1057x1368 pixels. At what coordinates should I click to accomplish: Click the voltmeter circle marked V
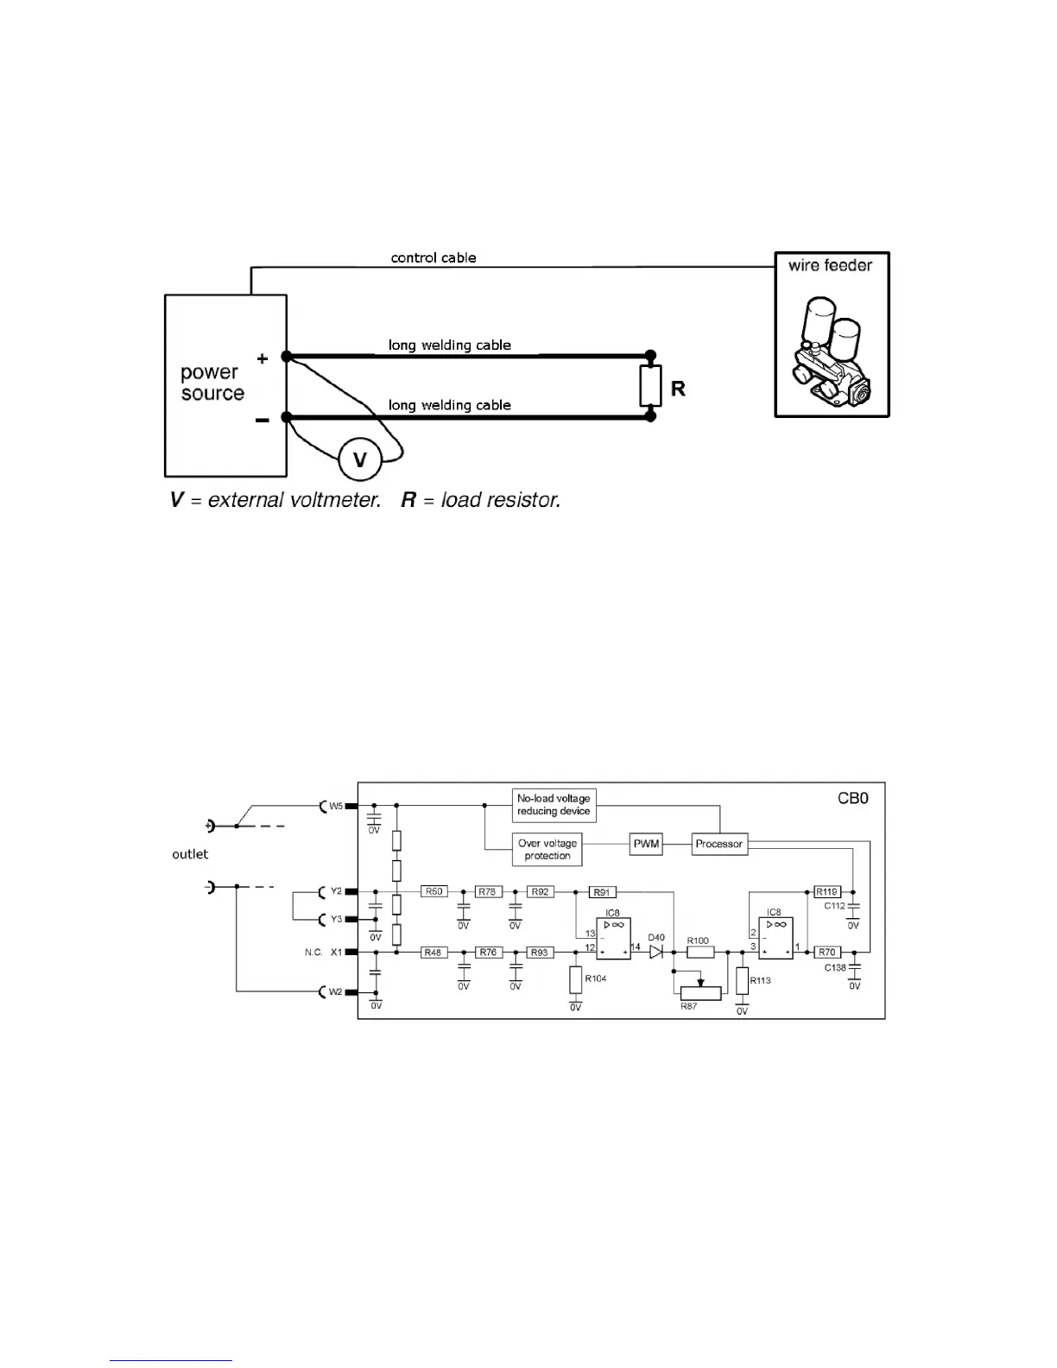(x=360, y=460)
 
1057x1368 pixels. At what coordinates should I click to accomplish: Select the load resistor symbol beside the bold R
(x=650, y=385)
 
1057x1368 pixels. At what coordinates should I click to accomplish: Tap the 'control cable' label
(x=434, y=257)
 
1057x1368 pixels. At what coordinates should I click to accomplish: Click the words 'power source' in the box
(x=212, y=383)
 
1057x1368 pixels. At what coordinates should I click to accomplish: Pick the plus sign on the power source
(x=263, y=358)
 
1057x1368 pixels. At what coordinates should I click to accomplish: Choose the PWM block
(x=646, y=844)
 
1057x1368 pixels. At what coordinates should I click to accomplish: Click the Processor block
(x=719, y=844)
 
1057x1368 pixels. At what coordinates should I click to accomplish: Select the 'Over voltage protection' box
(x=547, y=849)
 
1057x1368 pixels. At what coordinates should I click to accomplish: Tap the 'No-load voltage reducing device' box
(x=554, y=805)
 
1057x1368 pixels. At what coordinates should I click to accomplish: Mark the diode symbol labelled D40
(x=655, y=952)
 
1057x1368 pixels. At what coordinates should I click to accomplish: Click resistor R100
(x=700, y=952)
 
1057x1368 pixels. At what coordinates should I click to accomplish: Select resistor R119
(x=827, y=891)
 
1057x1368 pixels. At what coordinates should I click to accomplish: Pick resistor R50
(x=434, y=891)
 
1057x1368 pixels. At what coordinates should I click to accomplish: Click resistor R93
(x=540, y=952)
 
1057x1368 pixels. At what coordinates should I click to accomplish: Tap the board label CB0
(x=852, y=798)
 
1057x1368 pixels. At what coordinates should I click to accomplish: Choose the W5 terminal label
(x=336, y=806)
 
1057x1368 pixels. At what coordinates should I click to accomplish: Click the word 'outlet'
(x=190, y=854)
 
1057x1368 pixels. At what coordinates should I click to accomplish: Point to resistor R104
(x=575, y=979)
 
